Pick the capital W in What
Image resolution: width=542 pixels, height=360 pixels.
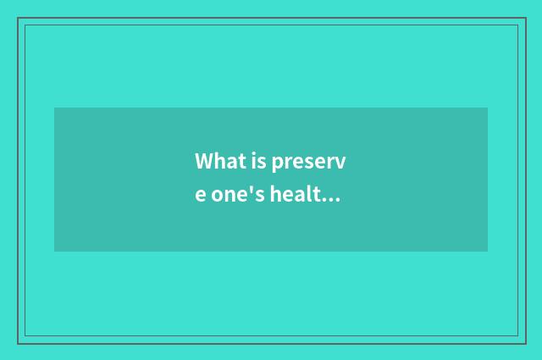point(203,161)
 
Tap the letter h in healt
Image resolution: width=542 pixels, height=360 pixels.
point(279,195)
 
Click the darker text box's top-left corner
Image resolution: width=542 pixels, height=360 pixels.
point(54,108)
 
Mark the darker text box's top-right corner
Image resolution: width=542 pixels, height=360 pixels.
point(488,108)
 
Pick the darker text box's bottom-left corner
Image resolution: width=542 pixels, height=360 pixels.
point(54,252)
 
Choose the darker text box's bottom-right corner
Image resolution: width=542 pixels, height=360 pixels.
point(488,252)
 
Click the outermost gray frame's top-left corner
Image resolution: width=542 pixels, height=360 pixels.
point(18,18)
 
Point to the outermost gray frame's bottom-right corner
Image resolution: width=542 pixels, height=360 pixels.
point(525,343)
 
